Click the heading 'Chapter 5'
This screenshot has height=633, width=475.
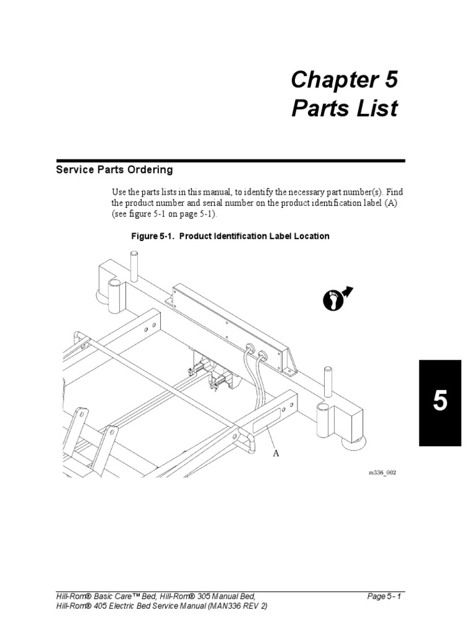(x=344, y=79)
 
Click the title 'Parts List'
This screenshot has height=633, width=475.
(x=344, y=108)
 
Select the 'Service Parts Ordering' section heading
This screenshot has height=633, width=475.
(x=114, y=169)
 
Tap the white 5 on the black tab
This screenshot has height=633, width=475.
(x=440, y=401)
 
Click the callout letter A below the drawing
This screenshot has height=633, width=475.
(x=276, y=453)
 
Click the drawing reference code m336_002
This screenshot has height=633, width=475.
(x=382, y=472)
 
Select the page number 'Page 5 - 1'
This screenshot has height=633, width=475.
(x=384, y=597)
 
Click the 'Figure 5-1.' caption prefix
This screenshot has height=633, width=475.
(x=153, y=236)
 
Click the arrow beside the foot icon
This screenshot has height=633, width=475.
(x=348, y=291)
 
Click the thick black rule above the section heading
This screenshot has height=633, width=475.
(x=231, y=161)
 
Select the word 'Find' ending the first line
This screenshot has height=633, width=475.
(x=395, y=192)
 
